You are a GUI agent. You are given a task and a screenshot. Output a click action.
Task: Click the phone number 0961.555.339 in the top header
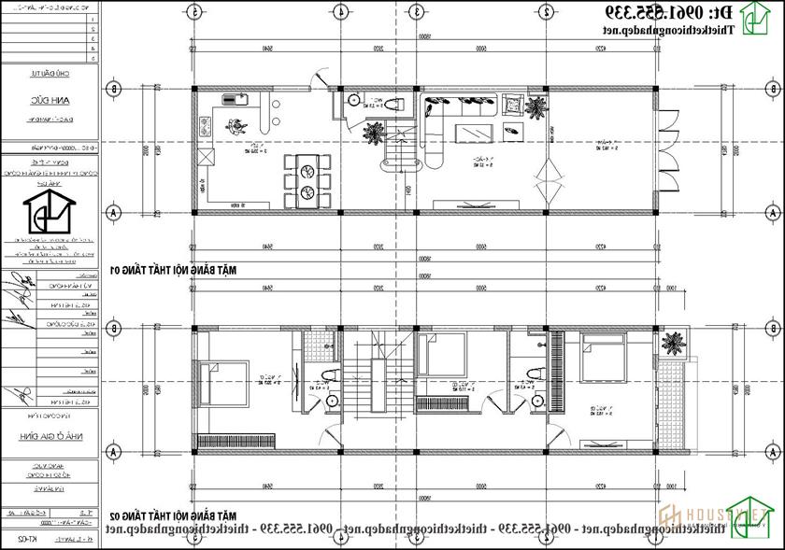[x=664, y=13]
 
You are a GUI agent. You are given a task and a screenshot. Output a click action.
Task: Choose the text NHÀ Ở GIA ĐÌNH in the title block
[x=49, y=436]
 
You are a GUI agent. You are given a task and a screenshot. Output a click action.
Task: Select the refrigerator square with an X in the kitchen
[x=206, y=157]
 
